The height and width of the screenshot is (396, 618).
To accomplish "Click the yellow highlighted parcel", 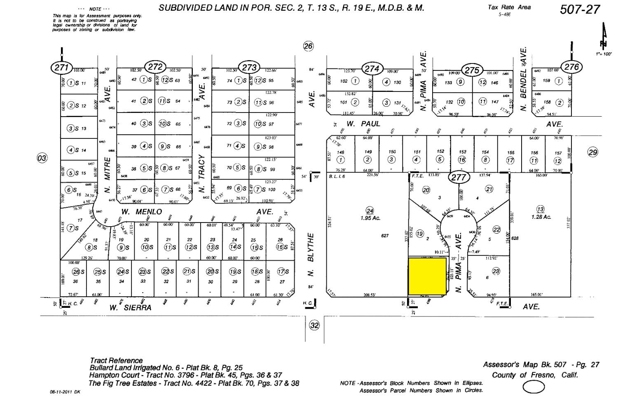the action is (x=427, y=276).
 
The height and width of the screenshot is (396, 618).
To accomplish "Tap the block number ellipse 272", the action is (x=156, y=66).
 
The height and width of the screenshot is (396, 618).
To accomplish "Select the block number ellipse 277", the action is (x=459, y=177).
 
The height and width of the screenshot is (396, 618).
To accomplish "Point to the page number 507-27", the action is (x=580, y=9).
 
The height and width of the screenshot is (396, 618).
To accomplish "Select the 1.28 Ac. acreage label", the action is (x=541, y=217).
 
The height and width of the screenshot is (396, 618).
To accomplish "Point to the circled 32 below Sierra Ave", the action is (x=314, y=325).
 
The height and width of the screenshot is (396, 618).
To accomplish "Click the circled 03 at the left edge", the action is (x=42, y=158).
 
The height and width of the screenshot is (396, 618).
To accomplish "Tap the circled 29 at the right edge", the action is (x=592, y=152).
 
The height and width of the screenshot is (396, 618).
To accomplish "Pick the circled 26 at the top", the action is (x=308, y=46).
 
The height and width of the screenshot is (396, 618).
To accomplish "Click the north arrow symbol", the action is (x=604, y=37).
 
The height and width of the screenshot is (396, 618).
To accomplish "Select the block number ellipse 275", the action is (x=472, y=70).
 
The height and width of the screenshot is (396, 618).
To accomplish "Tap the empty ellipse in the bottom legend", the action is (x=534, y=387).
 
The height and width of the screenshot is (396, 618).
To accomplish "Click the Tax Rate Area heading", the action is (x=509, y=7).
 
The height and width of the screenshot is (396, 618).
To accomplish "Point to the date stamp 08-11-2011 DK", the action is (x=66, y=392).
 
